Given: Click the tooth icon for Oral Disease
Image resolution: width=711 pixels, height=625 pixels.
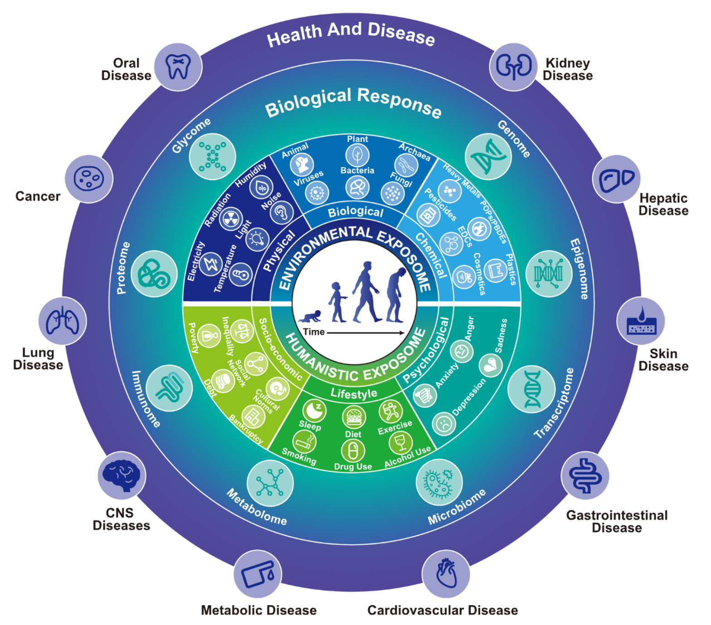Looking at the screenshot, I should point(178,67).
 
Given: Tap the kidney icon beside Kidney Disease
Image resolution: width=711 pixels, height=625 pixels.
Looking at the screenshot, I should point(513,67).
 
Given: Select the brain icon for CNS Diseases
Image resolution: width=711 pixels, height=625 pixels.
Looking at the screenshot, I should point(122,475).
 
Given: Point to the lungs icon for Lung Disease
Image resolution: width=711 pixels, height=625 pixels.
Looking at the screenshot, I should point(63,321).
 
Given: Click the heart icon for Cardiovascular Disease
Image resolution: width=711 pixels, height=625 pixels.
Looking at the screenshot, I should point(446,574).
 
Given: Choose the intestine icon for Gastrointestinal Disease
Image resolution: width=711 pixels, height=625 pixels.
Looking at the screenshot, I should point(585,476).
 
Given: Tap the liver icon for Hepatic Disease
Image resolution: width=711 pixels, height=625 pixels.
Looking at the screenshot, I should point(616,179).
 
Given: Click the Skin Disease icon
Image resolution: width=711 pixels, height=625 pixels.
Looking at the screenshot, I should point(641,321).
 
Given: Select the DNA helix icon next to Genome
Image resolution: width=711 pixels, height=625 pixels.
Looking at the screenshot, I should point(488,157).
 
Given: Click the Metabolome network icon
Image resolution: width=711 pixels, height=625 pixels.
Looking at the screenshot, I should point(270,483).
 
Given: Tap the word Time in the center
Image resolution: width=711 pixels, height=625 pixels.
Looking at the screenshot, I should point(314,332).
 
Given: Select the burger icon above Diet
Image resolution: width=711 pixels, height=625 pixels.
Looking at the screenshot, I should point(353,418).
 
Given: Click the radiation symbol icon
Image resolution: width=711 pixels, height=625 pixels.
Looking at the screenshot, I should point(231,220).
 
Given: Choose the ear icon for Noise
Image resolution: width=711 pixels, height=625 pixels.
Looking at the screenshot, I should point(282,212).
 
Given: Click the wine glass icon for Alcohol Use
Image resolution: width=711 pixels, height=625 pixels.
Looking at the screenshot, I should point(400,442).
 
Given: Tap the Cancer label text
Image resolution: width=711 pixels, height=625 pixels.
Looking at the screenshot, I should point(38,196).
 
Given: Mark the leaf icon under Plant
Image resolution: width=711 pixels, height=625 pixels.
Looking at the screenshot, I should point(357,155).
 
